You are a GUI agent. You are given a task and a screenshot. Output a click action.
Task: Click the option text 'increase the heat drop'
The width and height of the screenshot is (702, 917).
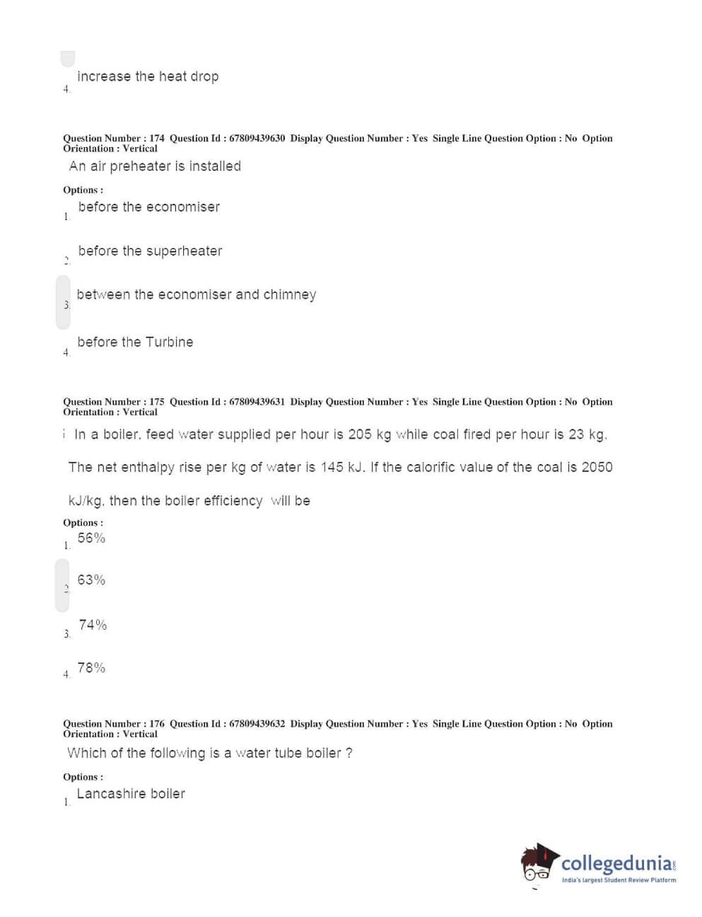(148, 76)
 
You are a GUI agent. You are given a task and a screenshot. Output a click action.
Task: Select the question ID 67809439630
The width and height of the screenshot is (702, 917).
(257, 138)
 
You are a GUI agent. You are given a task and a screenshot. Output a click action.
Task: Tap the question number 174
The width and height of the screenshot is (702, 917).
(157, 138)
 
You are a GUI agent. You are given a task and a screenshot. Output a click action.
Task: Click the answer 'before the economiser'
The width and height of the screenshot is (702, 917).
(148, 207)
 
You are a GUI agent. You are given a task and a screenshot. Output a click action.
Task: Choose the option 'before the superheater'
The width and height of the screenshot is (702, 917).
(150, 251)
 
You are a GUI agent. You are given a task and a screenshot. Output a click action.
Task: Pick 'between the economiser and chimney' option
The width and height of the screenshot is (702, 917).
(196, 294)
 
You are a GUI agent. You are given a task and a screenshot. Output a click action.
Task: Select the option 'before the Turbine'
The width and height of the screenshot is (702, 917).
(135, 342)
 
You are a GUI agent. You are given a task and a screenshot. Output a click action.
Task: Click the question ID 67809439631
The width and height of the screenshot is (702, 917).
(257, 401)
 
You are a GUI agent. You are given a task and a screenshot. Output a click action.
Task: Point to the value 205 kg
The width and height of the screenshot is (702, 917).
(369, 434)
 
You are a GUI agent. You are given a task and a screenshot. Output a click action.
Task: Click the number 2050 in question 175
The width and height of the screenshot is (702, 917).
(597, 467)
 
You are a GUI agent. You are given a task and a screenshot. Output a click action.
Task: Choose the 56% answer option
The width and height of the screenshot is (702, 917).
(91, 538)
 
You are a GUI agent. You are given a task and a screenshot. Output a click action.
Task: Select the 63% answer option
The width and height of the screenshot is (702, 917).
(91, 580)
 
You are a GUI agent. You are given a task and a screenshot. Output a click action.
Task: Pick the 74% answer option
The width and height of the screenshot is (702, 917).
(93, 625)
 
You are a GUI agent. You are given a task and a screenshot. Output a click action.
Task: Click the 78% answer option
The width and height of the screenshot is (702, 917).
(91, 668)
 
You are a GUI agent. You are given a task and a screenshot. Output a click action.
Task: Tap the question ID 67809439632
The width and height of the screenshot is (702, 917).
(257, 723)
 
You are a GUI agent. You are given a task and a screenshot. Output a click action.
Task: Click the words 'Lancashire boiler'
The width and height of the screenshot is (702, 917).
(131, 794)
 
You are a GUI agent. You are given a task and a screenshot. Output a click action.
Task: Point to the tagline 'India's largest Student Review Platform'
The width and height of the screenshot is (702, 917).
(619, 880)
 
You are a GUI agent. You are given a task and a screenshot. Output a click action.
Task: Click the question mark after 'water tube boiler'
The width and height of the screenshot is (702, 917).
(349, 753)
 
